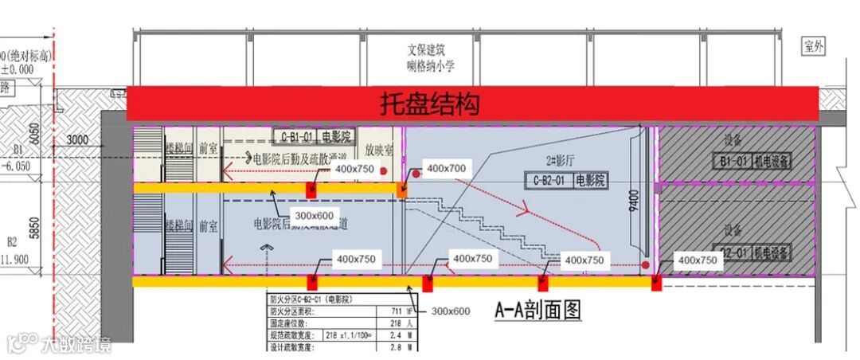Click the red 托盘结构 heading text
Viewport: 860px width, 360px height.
pos(429,104)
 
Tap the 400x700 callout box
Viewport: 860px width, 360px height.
pos(447,169)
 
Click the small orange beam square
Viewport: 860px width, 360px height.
pos(402,190)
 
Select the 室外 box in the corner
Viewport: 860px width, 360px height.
pos(813,47)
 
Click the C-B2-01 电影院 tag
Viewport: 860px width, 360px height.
pos(567,181)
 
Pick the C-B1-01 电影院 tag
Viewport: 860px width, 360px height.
pos(316,135)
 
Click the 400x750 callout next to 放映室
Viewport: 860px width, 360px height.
pos(354,169)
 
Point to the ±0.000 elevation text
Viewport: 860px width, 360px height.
pos(18,69)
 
